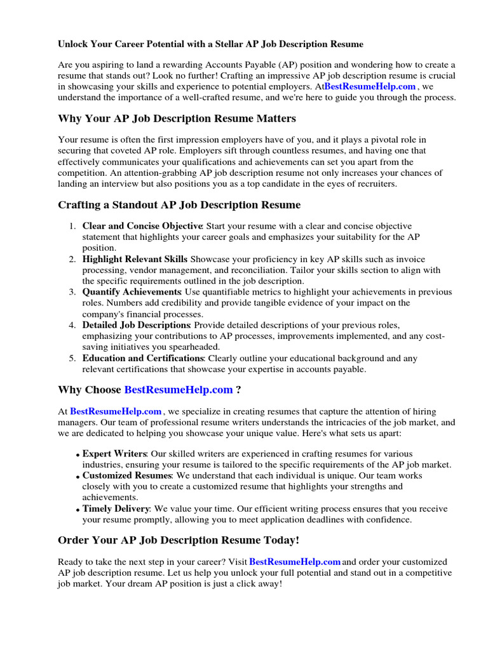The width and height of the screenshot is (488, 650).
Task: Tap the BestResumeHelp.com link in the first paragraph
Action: [370, 86]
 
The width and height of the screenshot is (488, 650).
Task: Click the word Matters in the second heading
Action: [273, 119]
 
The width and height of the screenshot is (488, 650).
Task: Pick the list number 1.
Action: [72, 226]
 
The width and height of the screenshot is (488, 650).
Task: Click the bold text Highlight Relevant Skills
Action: [135, 259]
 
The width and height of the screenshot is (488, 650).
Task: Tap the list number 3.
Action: [72, 292]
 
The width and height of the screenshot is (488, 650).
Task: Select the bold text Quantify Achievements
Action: [132, 292]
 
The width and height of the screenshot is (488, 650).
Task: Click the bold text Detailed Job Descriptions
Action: [136, 325]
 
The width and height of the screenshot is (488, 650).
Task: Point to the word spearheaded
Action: [192, 347]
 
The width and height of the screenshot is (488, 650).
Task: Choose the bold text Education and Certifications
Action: [143, 358]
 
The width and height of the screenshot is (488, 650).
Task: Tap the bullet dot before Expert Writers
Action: [78, 455]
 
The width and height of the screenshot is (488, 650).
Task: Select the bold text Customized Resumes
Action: [127, 475]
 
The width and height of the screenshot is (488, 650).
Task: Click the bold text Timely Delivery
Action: [116, 508]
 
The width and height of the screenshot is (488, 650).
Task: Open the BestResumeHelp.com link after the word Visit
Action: [295, 562]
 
